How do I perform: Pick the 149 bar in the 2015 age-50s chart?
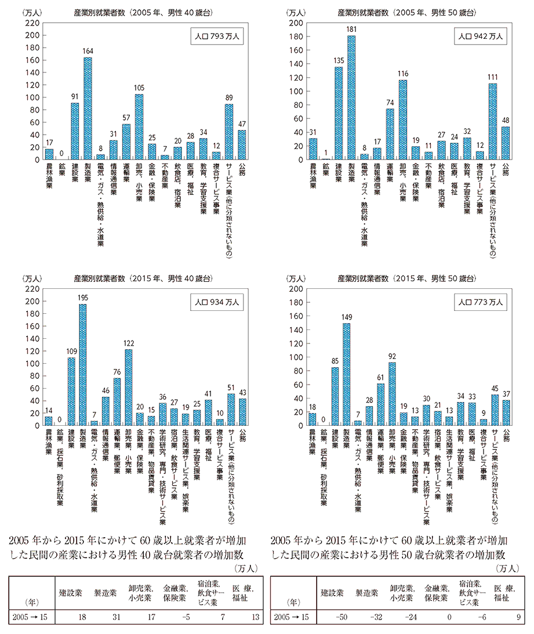click(347, 374)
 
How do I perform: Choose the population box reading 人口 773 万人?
click(482, 302)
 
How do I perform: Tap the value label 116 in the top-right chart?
click(402, 74)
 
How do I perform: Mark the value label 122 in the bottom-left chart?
click(129, 343)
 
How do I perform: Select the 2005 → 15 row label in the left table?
click(28, 616)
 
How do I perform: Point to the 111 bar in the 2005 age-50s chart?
click(493, 121)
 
